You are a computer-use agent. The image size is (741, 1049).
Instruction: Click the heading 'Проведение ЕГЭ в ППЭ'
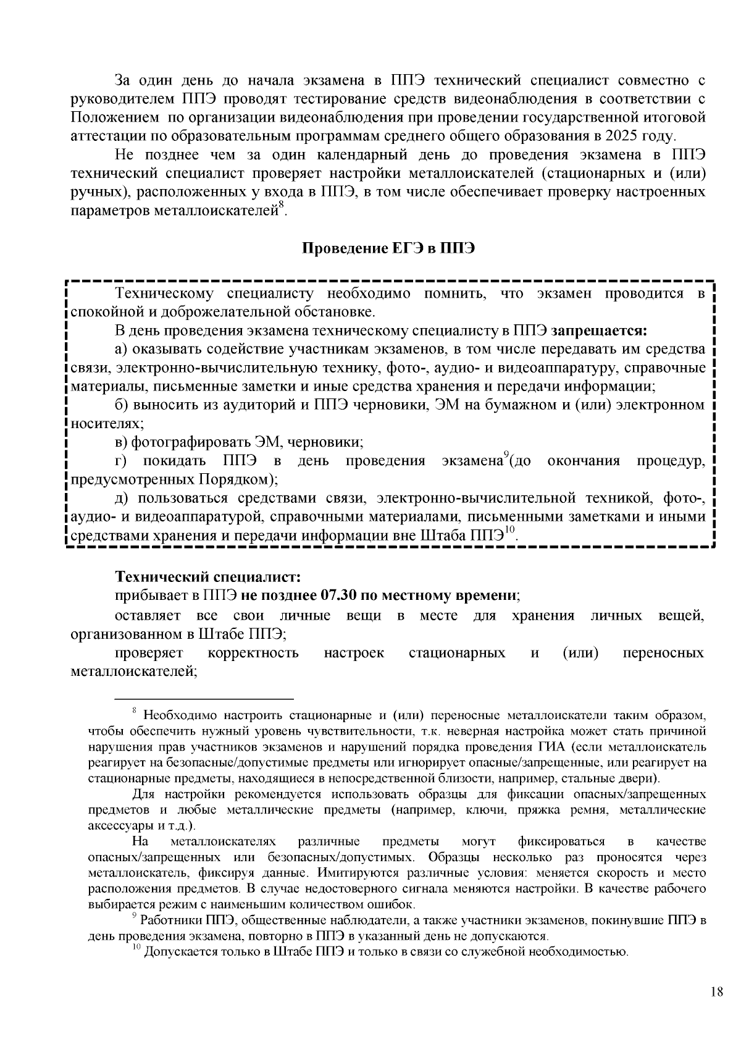tap(388, 249)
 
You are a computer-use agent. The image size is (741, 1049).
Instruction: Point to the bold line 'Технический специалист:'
tap(207, 577)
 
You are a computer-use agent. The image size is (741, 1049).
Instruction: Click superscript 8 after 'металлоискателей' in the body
tap(280, 206)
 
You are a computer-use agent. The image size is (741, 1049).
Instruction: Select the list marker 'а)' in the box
tap(121, 349)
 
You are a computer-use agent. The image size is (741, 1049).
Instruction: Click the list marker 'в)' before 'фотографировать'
tap(121, 442)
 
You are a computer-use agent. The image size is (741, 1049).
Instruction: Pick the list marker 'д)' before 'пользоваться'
tap(123, 499)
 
